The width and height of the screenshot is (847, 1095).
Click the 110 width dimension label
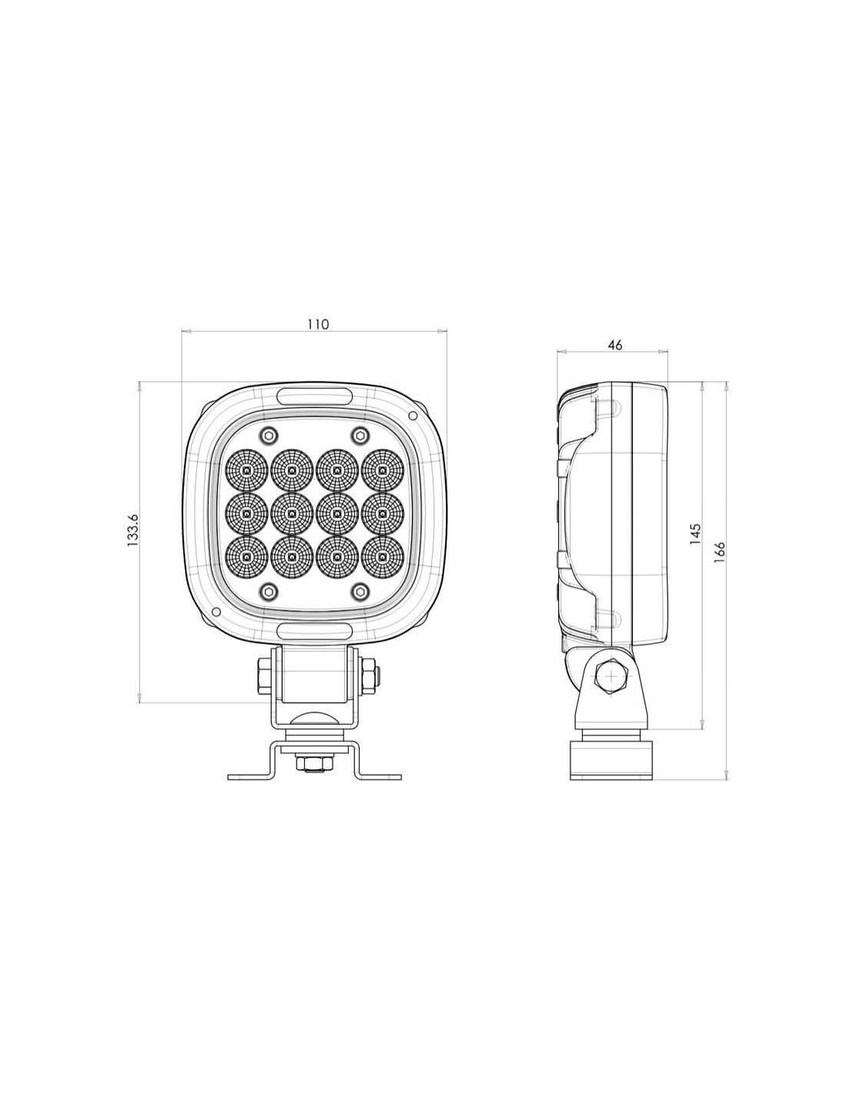pos(318,324)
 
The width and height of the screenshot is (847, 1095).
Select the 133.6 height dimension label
pos(132,530)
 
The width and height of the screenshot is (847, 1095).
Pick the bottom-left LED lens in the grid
pos(246,557)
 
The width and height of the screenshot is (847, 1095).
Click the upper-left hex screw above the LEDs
pos(267,434)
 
